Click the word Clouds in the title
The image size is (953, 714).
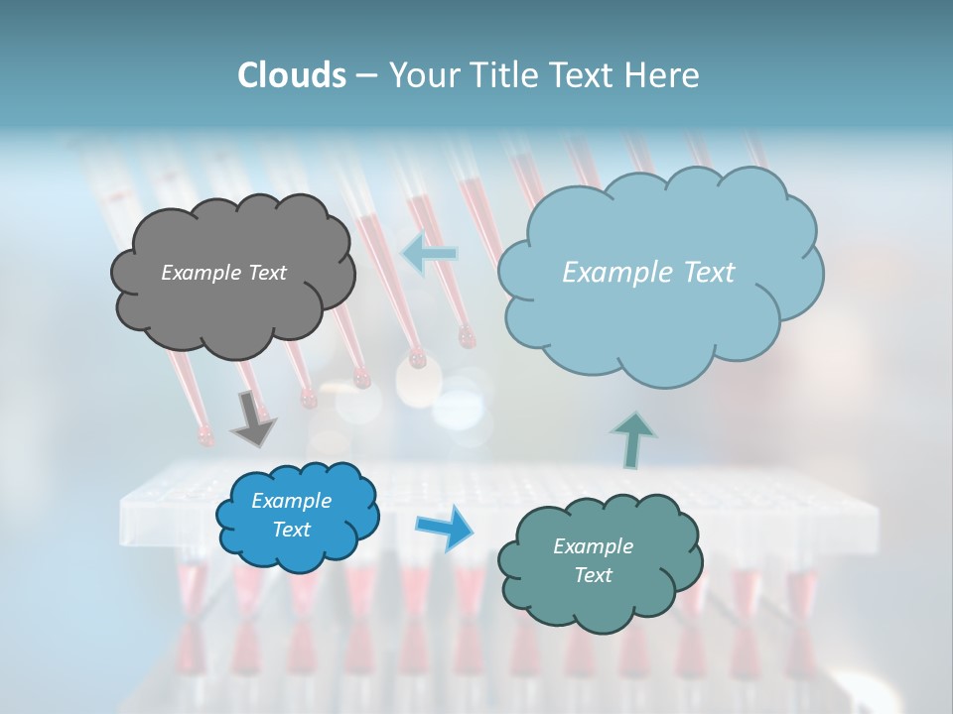291,75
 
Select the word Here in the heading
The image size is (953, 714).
663,75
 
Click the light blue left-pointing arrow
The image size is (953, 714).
429,254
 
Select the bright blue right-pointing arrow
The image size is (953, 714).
446,527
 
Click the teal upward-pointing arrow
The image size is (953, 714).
631,438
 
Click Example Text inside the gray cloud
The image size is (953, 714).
223,273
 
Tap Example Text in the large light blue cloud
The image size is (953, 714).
648,273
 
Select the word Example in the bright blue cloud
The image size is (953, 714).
291,501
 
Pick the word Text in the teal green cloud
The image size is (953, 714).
593,575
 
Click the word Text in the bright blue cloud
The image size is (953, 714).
291,530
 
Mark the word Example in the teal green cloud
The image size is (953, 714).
593,546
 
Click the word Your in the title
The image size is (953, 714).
419,75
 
